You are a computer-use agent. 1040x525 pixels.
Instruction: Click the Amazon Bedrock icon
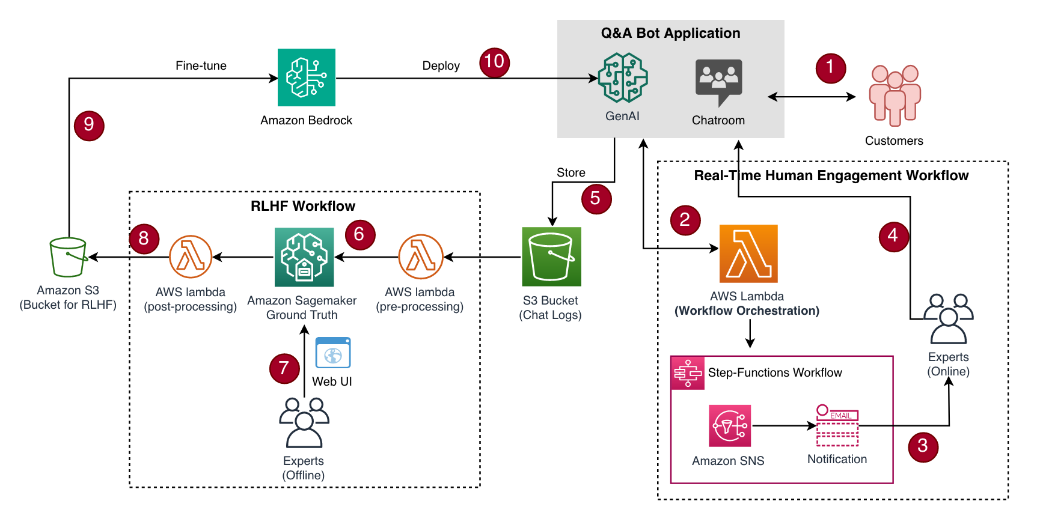click(x=306, y=77)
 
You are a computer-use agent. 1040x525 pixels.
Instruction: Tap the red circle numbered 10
click(x=494, y=62)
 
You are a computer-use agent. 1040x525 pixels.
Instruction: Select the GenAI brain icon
click(x=623, y=77)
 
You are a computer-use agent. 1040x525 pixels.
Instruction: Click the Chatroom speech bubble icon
click(x=718, y=81)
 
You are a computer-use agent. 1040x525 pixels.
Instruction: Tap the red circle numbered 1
click(x=830, y=67)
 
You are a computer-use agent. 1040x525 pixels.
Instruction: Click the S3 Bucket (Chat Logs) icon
click(x=551, y=256)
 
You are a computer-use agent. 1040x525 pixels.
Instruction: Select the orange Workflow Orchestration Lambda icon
click(x=748, y=253)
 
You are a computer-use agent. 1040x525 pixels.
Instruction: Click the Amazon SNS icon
click(x=730, y=426)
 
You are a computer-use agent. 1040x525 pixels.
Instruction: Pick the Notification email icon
click(x=837, y=426)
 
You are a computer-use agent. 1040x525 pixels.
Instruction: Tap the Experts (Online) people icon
click(x=948, y=318)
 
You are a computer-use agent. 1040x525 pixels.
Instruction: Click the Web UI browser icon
click(x=333, y=353)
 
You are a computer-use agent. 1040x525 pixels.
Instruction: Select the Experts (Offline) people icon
click(x=304, y=423)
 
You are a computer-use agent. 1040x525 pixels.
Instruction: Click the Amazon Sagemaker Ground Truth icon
click(x=304, y=257)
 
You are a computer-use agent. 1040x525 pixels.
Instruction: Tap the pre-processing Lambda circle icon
click(x=421, y=257)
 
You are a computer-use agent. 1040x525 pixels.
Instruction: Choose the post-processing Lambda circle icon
click(x=191, y=257)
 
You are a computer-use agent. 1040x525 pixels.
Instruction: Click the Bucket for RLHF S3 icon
click(x=68, y=257)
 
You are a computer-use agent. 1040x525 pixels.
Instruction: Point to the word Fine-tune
click(x=201, y=65)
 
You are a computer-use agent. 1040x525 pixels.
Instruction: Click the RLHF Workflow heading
click(x=303, y=206)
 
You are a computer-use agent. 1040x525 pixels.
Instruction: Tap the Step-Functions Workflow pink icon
click(x=688, y=373)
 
